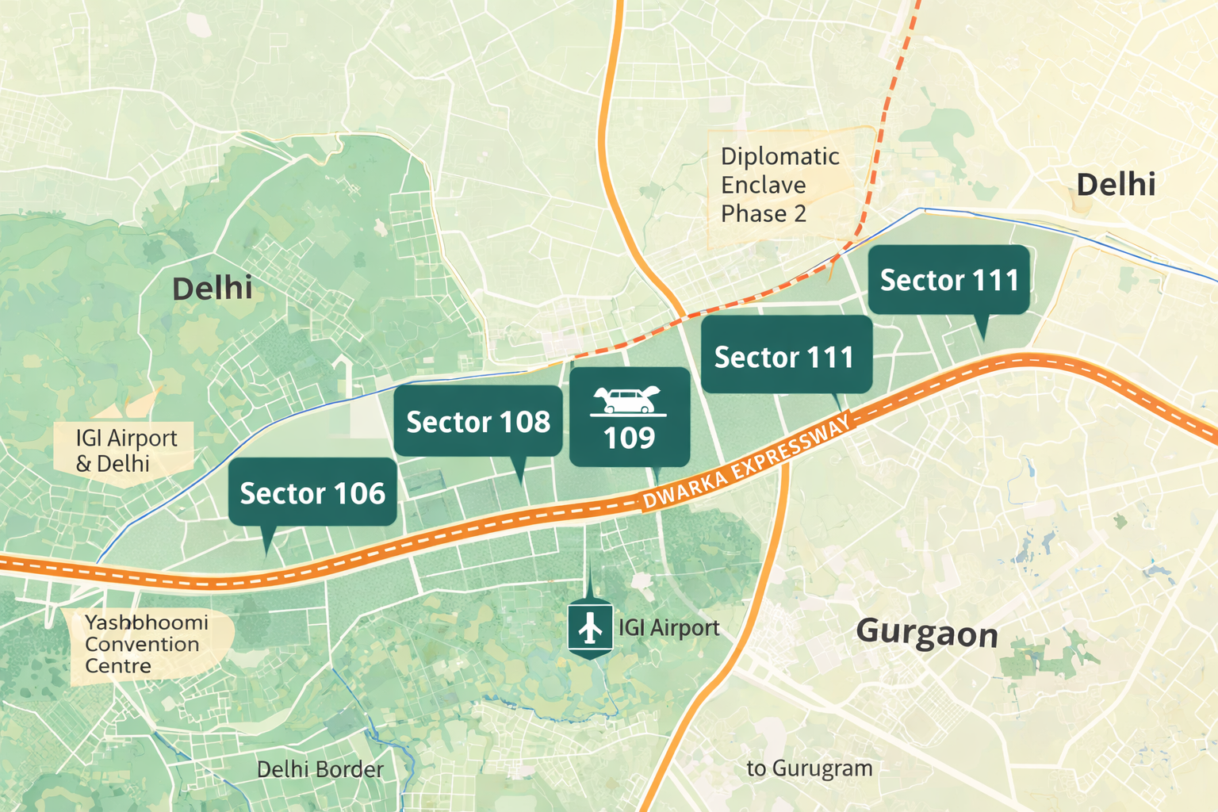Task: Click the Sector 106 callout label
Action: pos(312,493)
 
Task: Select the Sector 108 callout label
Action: pos(478,422)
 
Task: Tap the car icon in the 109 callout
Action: pos(629,400)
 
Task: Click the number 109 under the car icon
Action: pos(629,438)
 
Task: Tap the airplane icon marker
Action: pos(590,628)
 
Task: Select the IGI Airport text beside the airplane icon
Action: pos(668,628)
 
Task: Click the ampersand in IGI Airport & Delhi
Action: pos(83,464)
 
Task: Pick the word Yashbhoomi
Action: pos(147,622)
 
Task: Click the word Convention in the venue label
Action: pos(142,645)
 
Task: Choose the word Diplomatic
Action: pos(779,157)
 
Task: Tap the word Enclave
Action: pos(763,186)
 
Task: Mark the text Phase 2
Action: pos(763,214)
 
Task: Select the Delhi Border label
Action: pos(320,769)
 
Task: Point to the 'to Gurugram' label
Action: pos(809,768)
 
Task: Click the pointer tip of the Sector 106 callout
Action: pos(266,552)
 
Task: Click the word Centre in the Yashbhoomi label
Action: pos(117,666)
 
